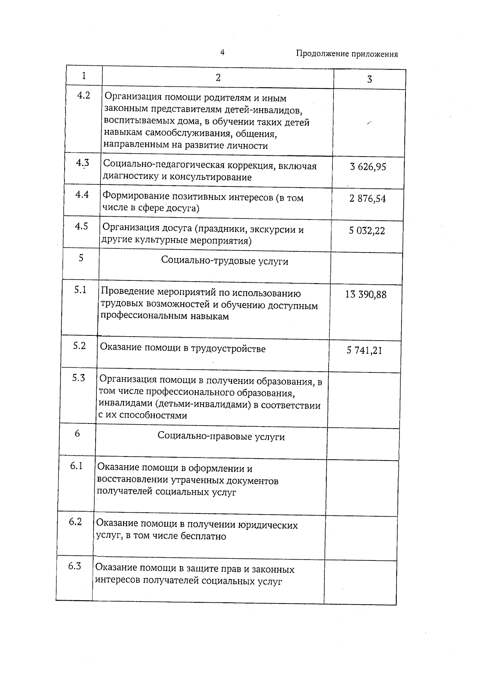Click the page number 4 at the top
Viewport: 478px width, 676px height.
pyautogui.click(x=222, y=52)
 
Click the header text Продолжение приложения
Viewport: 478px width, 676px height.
pyautogui.click(x=347, y=54)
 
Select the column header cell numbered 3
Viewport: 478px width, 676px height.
pyautogui.click(x=369, y=79)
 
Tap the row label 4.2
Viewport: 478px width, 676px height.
pyautogui.click(x=83, y=95)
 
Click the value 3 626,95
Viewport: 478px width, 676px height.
pyautogui.click(x=368, y=167)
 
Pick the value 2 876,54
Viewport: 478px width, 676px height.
pyautogui.click(x=367, y=198)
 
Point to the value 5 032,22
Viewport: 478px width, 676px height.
pyautogui.click(x=367, y=231)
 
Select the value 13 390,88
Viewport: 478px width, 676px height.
pyautogui.click(x=365, y=295)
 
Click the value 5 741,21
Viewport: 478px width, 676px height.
pyautogui.click(x=364, y=351)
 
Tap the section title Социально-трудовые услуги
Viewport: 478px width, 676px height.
pyautogui.click(x=224, y=261)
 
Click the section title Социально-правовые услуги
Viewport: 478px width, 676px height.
pyautogui.click(x=221, y=437)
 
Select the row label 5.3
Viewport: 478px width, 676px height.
pyautogui.click(x=78, y=378)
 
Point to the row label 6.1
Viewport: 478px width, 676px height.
pyautogui.click(x=76, y=466)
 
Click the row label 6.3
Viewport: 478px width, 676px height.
pyautogui.click(x=74, y=566)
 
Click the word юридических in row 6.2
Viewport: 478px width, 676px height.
pyautogui.click(x=268, y=525)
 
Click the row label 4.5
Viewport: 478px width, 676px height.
pyautogui.click(x=81, y=226)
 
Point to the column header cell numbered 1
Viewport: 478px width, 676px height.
pyautogui.click(x=84, y=76)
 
